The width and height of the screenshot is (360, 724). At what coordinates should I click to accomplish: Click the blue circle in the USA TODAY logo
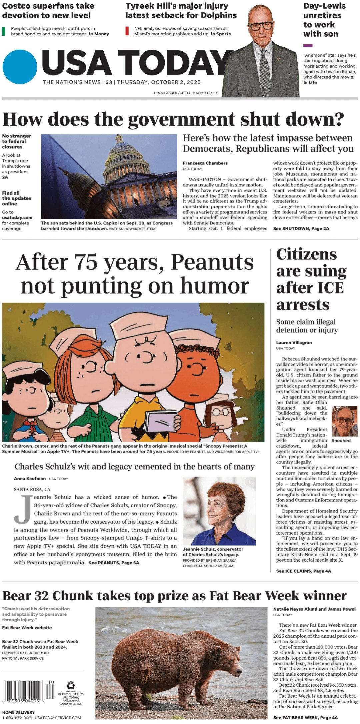20,67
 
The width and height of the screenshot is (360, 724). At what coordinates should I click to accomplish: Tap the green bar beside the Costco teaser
4,31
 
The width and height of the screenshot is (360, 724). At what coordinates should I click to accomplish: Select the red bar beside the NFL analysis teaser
127,31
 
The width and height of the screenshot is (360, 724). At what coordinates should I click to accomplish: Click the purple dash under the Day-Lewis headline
308,46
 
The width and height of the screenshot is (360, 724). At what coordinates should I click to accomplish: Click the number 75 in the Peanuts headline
86,262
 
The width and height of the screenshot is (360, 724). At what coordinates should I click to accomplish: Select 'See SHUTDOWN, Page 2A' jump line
301,228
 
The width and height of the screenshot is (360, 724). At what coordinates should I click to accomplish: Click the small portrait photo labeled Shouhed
345,422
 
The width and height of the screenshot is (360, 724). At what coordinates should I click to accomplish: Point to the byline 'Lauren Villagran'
294,342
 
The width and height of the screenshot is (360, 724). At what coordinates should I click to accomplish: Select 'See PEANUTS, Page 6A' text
114,563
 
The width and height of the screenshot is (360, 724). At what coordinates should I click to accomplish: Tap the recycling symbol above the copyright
71,685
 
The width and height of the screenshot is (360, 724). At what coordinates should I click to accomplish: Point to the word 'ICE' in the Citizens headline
326,288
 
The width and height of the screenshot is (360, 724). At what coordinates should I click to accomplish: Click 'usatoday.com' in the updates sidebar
17,217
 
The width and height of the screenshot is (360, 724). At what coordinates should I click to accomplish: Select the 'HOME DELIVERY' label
18,712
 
